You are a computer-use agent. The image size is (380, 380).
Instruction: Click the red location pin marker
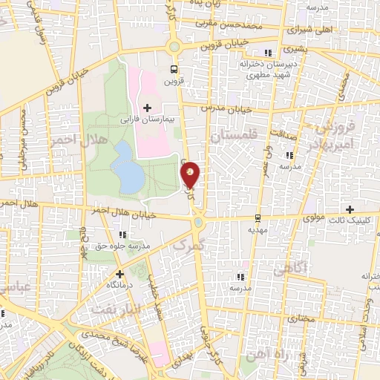pyautogui.click(x=191, y=174)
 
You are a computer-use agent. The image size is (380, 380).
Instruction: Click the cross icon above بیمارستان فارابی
pyautogui.click(x=147, y=108)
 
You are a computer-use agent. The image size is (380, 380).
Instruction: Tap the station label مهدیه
pyautogui.click(x=257, y=229)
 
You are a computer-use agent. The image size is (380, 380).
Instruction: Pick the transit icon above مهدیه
pyautogui.click(x=258, y=217)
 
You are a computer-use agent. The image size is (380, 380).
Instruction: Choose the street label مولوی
pyautogui.click(x=314, y=219)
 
